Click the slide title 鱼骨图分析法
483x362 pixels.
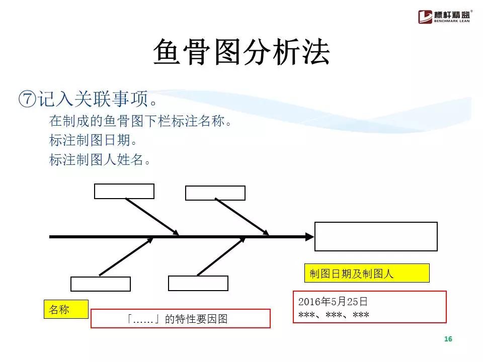click(241, 52)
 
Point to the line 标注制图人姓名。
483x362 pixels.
click(100, 160)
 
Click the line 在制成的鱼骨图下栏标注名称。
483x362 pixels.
click(140, 121)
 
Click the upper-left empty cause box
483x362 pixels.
click(124, 191)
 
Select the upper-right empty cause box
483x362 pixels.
click(215, 193)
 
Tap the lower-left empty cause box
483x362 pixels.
click(101, 284)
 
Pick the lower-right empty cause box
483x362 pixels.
click(198, 283)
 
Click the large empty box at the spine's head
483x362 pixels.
click(375, 236)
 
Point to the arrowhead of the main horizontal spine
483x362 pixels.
click(308, 236)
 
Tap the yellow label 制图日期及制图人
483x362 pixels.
click(366, 273)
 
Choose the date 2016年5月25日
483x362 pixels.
click(333, 302)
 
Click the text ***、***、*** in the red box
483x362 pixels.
click(334, 315)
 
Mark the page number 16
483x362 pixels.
click(448, 339)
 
